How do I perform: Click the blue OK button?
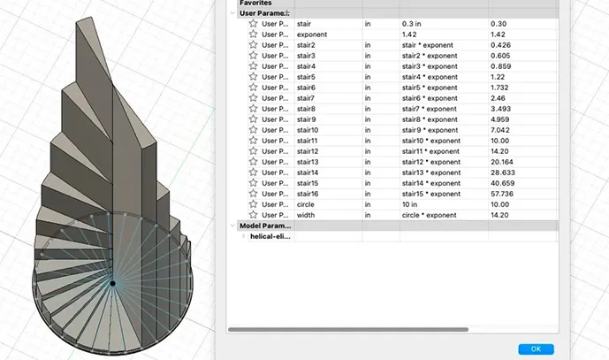pos(536,349)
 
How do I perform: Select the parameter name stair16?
pos(308,193)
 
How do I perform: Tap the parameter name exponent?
pos(313,34)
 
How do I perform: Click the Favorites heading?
pos(255,4)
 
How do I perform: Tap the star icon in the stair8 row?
pos(253,108)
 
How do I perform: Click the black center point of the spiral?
pos(112,283)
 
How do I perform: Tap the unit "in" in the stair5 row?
pos(369,77)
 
